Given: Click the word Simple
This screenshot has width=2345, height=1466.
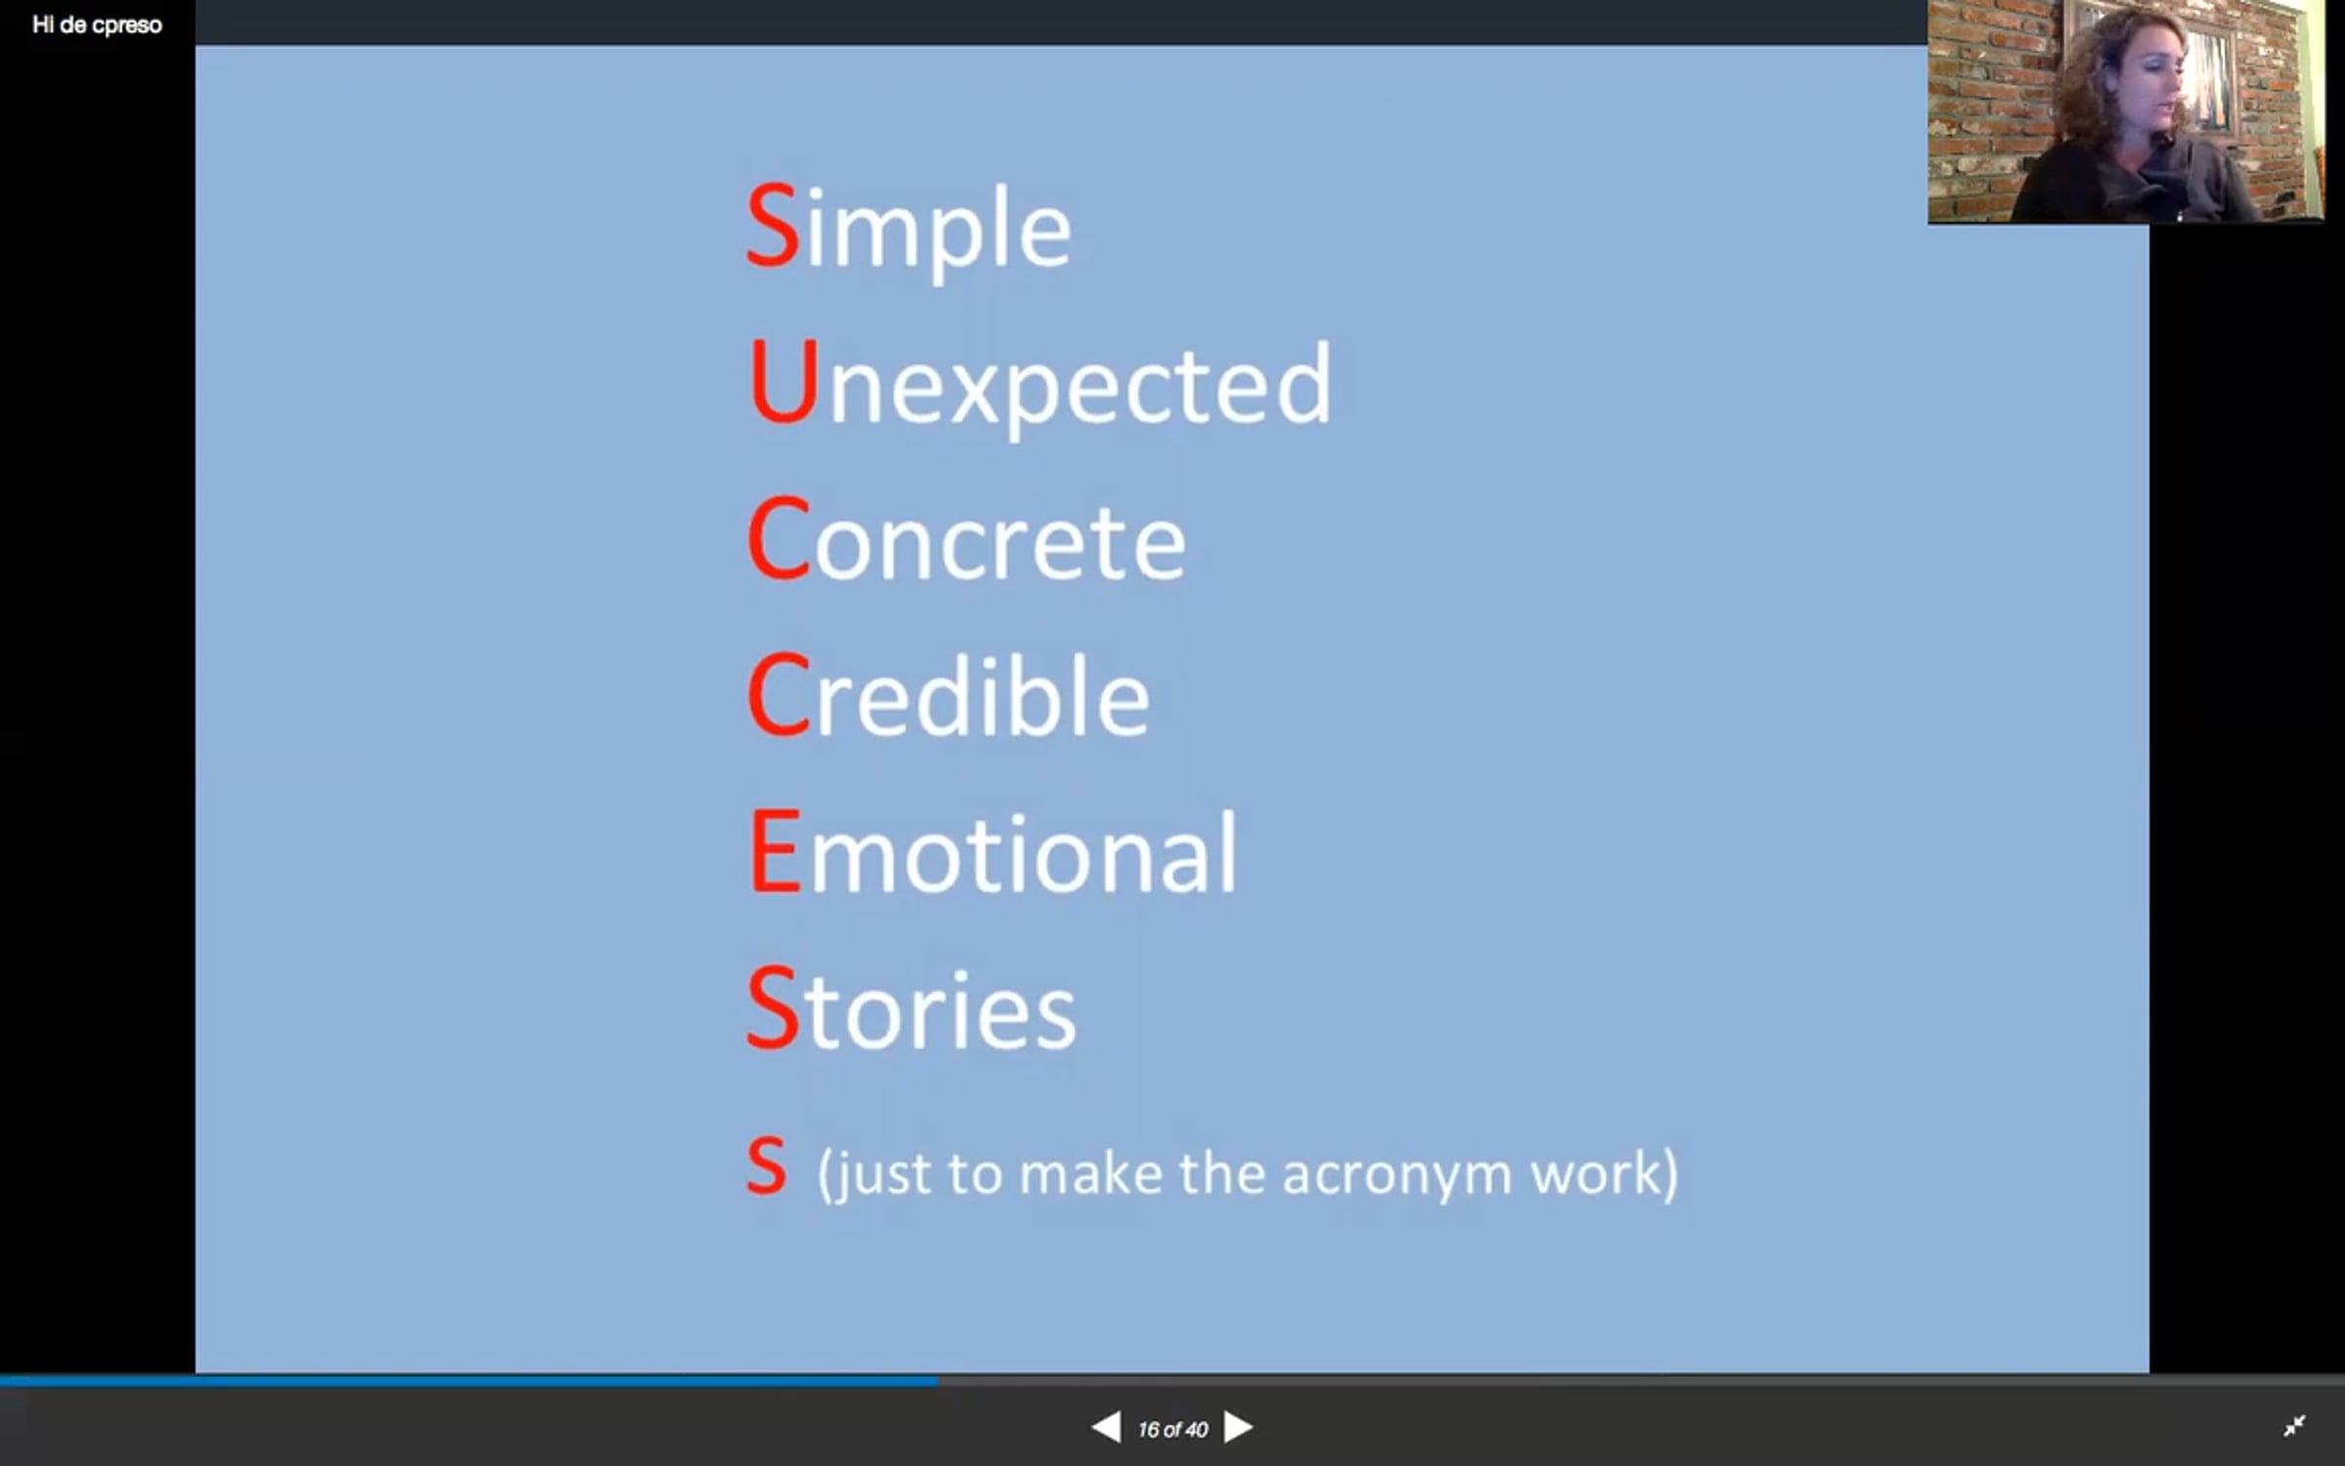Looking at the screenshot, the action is [909, 229].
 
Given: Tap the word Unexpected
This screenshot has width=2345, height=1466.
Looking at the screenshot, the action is [1040, 386].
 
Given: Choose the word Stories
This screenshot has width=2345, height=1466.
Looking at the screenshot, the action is [911, 1008].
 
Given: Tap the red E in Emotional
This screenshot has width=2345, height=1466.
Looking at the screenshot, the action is [776, 851].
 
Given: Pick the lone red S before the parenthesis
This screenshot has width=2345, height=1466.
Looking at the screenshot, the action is [766, 1166].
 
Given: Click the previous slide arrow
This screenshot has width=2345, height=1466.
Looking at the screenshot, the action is [1106, 1428].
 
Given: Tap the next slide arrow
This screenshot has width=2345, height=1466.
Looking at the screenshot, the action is [1238, 1428].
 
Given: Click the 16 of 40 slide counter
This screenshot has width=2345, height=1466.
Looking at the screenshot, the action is [1172, 1430].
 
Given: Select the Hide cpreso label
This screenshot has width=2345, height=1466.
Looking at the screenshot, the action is [97, 25].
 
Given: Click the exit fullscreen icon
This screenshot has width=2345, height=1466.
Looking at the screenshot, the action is [2294, 1426].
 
